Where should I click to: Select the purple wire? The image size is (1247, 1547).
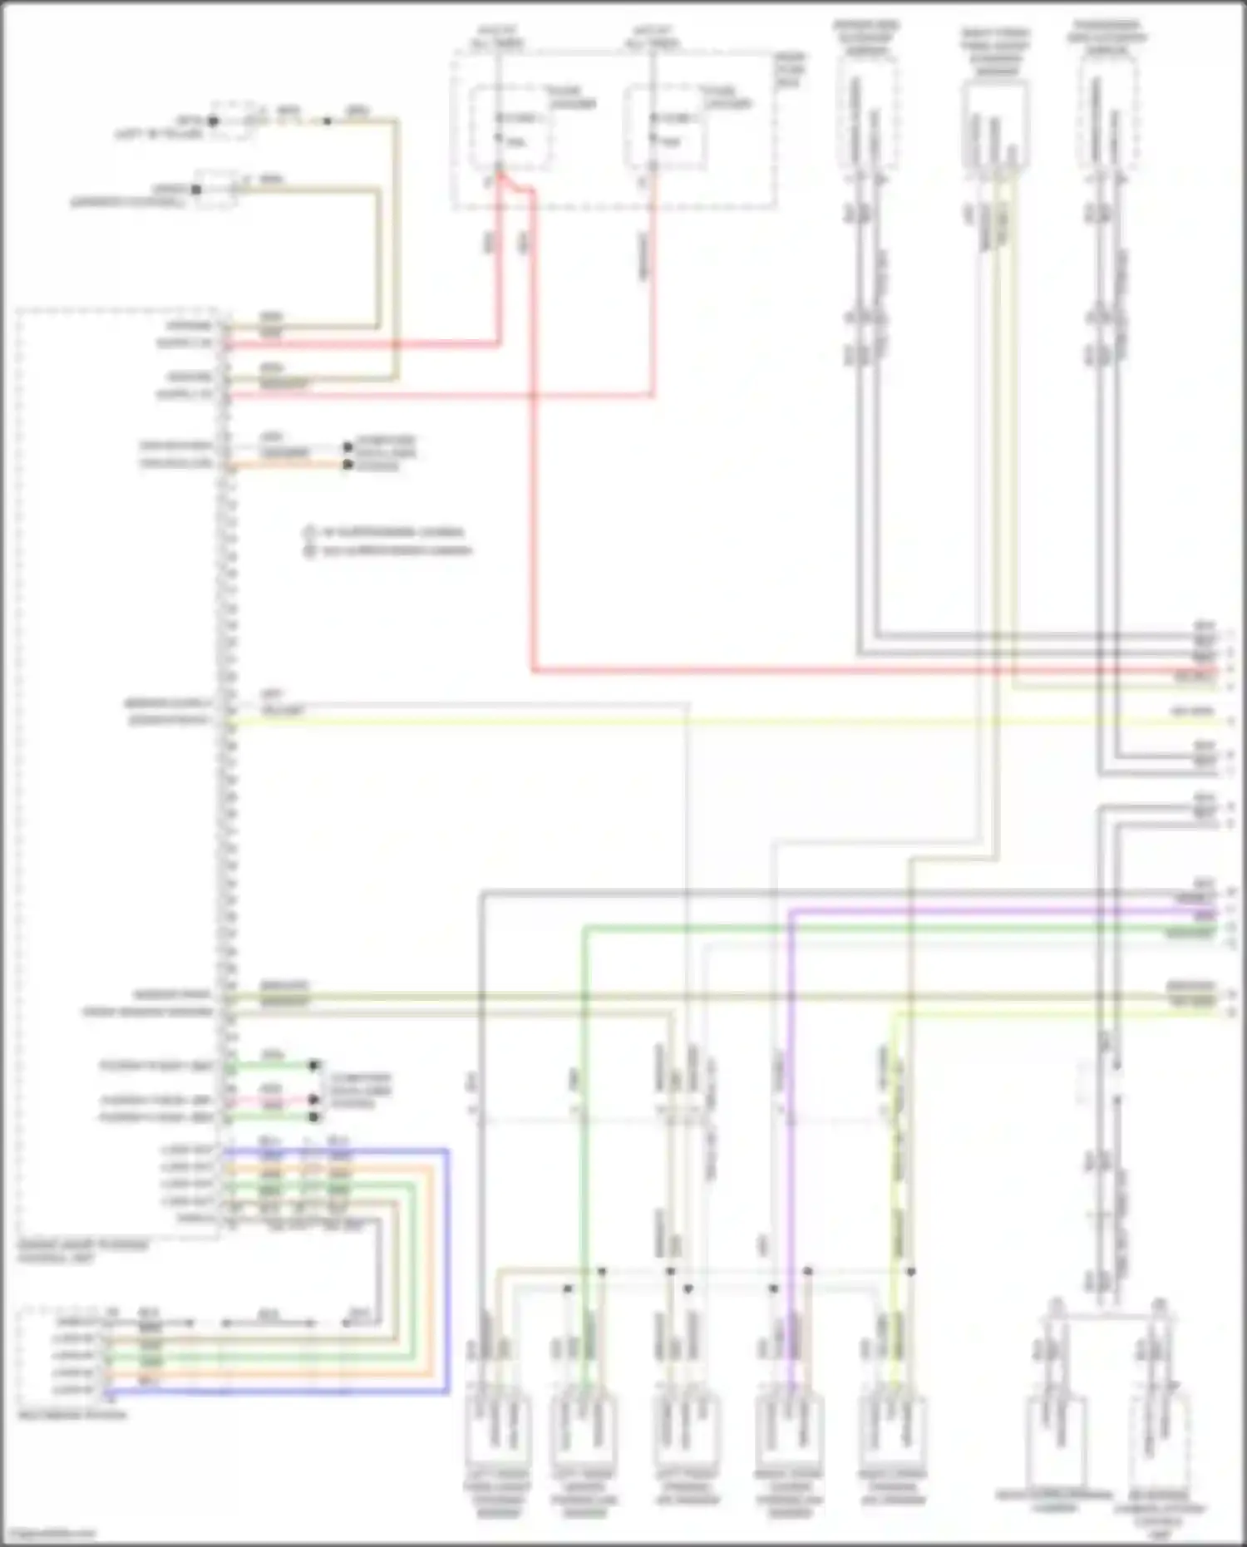pyautogui.click(x=790, y=1081)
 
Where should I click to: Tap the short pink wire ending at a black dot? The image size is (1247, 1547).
pyautogui.click(x=274, y=1101)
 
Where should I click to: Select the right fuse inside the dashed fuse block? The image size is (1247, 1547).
pyautogui.click(x=665, y=126)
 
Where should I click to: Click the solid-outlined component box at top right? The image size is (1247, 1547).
pyautogui.click(x=995, y=125)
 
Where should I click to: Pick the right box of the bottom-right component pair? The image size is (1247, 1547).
pyautogui.click(x=1160, y=1438)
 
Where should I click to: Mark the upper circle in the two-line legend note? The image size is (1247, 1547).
pyautogui.click(x=310, y=532)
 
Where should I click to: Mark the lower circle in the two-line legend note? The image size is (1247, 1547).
pyautogui.click(x=310, y=550)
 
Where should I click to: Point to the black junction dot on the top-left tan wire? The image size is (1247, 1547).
pyautogui.click(x=327, y=121)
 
